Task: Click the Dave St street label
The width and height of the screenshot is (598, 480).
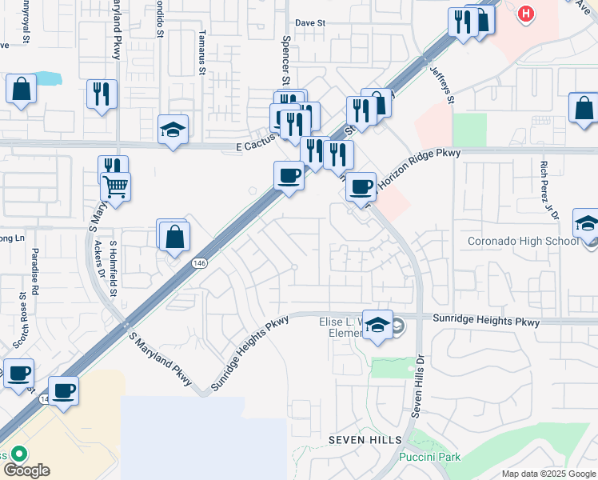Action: (309, 23)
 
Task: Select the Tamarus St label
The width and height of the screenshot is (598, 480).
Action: (202, 60)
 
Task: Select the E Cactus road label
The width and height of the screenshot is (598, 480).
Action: (255, 147)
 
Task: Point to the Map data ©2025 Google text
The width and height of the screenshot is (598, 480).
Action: (548, 474)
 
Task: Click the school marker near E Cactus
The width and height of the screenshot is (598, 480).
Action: (173, 130)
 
